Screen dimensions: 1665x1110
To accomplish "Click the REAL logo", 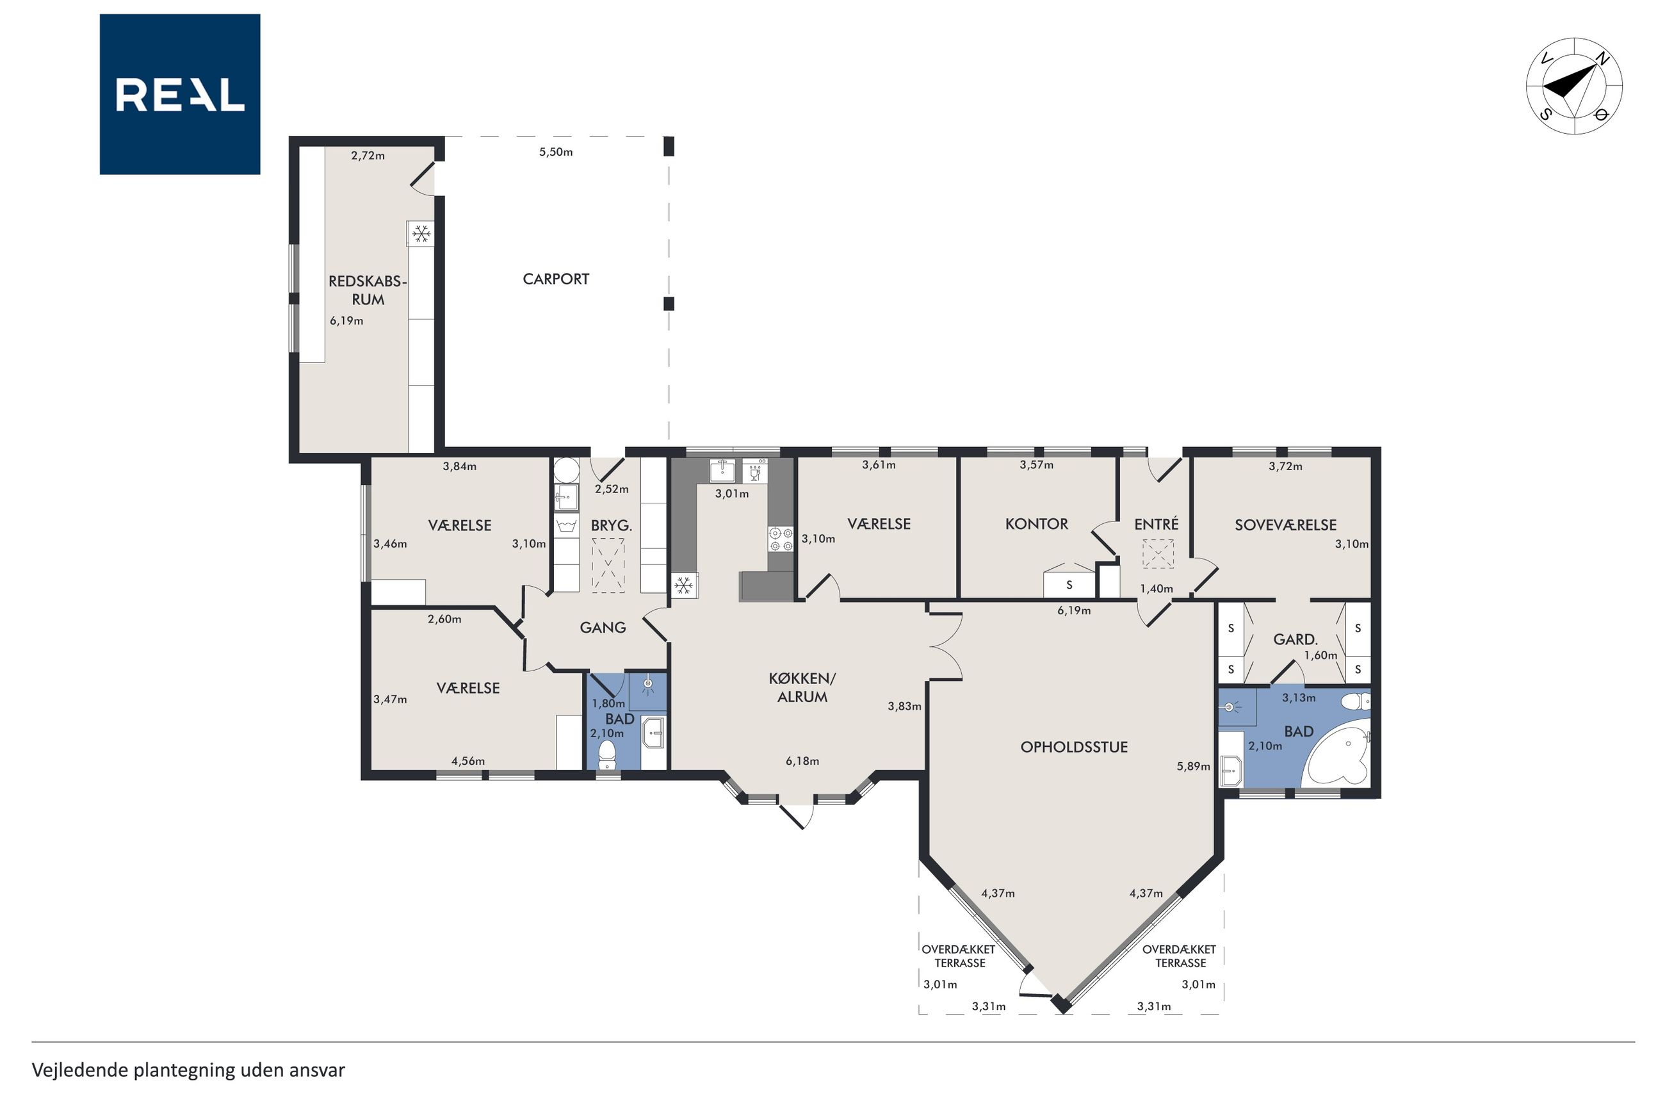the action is coord(180,94).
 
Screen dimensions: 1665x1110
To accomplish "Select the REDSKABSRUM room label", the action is coord(368,290).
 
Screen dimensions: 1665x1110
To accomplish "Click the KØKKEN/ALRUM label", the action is coord(802,687).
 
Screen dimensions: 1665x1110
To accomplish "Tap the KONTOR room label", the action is coord(1037,524).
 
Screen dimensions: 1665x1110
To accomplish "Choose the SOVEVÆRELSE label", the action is coord(1285,525).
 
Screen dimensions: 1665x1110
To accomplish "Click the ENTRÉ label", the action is coord(1157,523).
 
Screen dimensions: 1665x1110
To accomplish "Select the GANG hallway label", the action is coord(602,627).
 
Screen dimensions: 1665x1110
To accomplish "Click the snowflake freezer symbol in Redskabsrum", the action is coord(421,234).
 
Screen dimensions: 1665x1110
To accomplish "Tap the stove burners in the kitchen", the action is coord(781,539).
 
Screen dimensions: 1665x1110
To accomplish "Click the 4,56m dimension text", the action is coord(467,761).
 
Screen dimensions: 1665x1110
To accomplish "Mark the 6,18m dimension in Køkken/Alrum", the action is coord(802,761).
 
